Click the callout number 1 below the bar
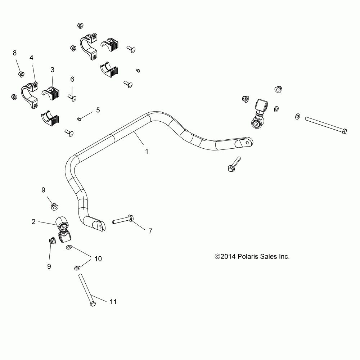click(x=147, y=152)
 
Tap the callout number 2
click(x=33, y=222)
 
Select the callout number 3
click(x=52, y=70)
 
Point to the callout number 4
click(x=31, y=58)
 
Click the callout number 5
click(x=98, y=110)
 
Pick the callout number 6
click(x=72, y=79)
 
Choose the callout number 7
click(x=150, y=231)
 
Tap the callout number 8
click(x=15, y=53)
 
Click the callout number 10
click(x=98, y=259)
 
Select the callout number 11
click(x=113, y=302)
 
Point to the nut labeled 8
click(x=21, y=74)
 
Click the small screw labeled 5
click(x=79, y=119)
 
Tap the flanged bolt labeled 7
click(x=123, y=220)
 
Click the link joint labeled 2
click(x=63, y=229)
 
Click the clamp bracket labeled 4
click(x=30, y=95)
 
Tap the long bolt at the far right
click(x=326, y=125)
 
